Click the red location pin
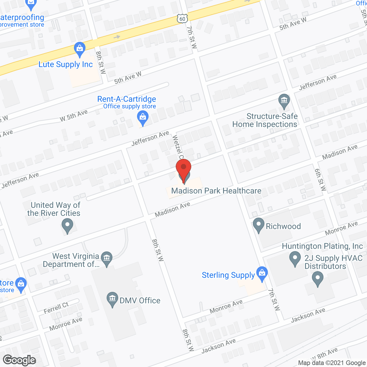pos(183,169)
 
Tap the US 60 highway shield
pos(182,19)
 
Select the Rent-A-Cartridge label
pos(127,99)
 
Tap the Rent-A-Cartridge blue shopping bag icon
pos(142,118)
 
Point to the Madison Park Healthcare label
pos(216,191)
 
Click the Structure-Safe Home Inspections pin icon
pos(284,101)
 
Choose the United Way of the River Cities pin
pos(67,225)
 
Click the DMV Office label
pos(140,300)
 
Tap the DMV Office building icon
pos(112,299)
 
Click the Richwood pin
pos(259,225)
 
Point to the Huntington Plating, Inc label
pos(322,246)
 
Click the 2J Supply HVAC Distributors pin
pos(317,278)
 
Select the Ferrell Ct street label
pos(56,308)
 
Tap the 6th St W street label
pos(320,180)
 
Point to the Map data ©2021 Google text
pos(332,363)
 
